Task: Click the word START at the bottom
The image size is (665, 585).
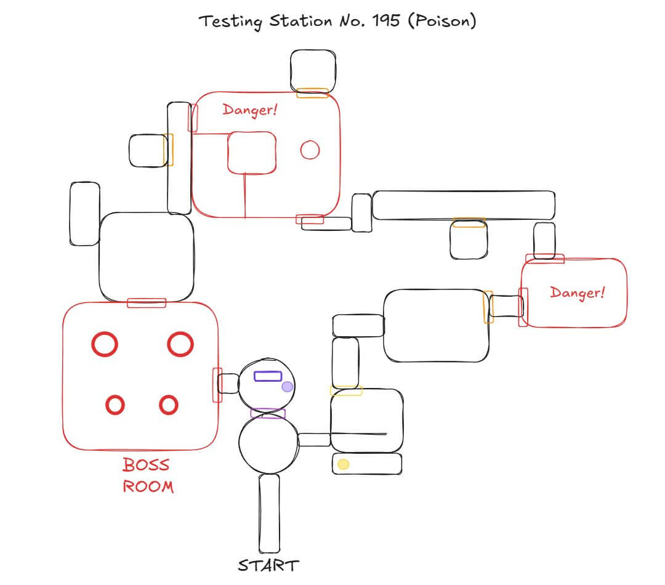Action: tap(268, 565)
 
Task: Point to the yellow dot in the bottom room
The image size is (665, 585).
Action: tap(344, 464)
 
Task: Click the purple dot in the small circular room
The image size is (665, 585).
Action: tap(287, 387)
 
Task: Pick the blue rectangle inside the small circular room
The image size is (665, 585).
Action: tap(268, 376)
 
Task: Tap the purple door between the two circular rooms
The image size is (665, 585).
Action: tap(268, 414)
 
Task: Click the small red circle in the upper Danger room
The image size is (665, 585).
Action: tap(310, 150)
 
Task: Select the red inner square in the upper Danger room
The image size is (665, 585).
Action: tap(251, 153)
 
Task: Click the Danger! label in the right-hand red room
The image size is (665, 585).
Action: tap(577, 292)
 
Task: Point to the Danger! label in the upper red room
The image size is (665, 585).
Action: tap(250, 110)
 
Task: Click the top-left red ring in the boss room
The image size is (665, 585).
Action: tap(105, 344)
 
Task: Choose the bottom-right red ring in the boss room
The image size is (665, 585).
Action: tap(169, 405)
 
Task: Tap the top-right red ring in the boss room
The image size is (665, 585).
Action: tap(180, 344)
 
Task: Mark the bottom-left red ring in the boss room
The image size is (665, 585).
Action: tap(116, 405)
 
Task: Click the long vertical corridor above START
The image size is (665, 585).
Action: tap(269, 513)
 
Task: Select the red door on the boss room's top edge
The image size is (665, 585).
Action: tap(147, 302)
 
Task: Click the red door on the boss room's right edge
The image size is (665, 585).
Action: tap(217, 385)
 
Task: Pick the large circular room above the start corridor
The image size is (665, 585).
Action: tap(268, 445)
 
